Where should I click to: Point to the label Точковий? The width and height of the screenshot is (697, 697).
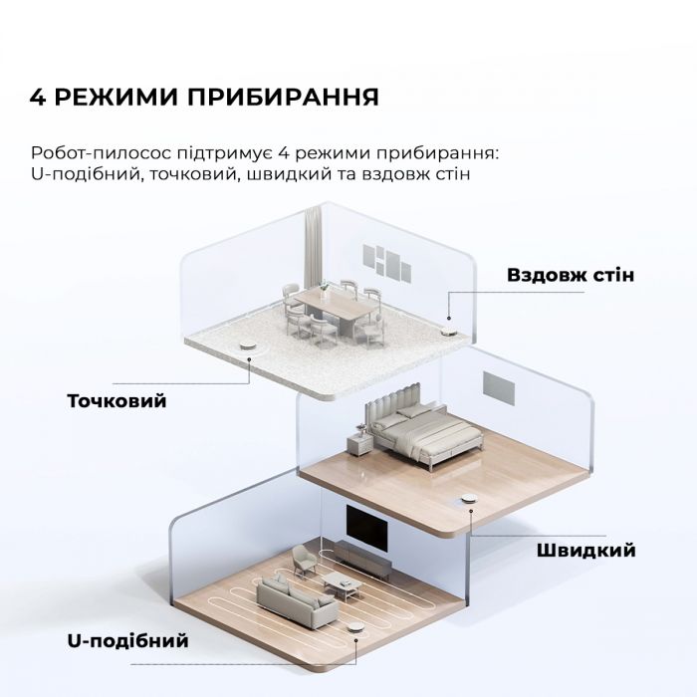116,401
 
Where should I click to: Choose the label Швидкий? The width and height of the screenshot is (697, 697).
585,550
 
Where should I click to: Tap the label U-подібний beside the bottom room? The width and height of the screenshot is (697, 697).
127,639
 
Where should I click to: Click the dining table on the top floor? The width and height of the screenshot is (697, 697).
333,303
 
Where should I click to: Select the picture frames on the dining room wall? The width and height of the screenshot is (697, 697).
385,261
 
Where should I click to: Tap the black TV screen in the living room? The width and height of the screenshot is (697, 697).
367,525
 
